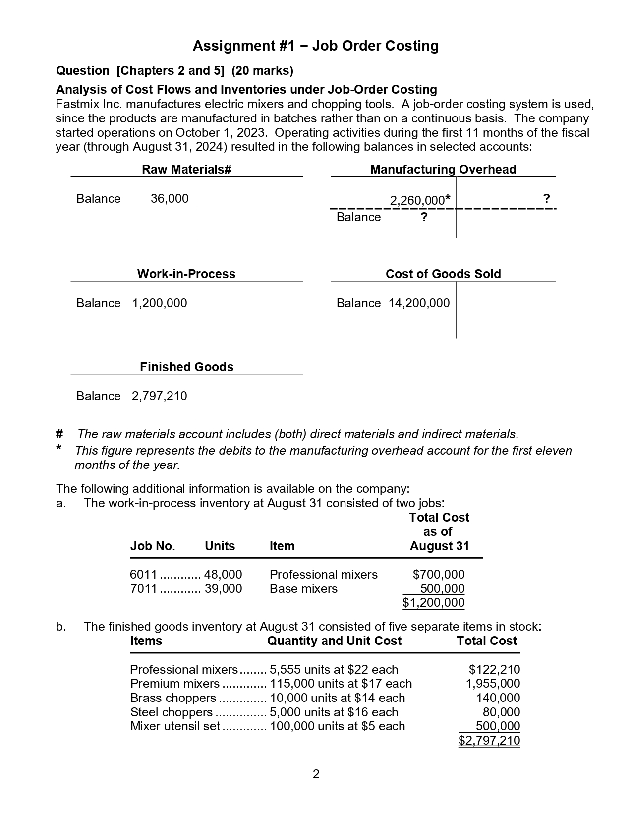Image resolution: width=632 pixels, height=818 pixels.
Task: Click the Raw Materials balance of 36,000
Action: click(169, 199)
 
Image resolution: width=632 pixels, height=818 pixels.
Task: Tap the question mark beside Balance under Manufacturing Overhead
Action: click(424, 217)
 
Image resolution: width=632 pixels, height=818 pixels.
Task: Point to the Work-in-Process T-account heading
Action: click(186, 274)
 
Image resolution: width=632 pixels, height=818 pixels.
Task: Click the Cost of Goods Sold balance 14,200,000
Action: click(419, 303)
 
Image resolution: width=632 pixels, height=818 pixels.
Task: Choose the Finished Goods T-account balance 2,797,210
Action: click(159, 396)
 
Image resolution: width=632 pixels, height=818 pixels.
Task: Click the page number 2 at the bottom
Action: click(316, 774)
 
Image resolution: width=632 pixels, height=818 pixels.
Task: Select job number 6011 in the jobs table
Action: click(143, 575)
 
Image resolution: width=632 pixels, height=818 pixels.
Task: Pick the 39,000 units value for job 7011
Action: click(223, 589)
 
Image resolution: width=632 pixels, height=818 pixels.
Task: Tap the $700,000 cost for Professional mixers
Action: click(439, 575)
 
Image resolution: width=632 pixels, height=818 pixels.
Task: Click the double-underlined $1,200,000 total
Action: click(434, 603)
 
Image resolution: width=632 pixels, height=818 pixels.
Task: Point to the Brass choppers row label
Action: click(173, 698)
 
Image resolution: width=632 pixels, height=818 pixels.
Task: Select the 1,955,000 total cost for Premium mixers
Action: click(493, 684)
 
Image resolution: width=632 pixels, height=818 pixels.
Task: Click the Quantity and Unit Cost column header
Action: click(334, 641)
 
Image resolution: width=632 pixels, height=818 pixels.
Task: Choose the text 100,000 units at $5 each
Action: click(337, 726)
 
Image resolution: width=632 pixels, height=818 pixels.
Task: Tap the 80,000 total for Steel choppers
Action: click(501, 712)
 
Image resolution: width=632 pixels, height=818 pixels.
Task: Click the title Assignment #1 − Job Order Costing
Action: click(316, 46)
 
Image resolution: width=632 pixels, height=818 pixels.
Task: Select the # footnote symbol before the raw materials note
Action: click(59, 434)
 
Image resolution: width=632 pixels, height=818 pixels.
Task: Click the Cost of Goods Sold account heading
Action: click(443, 274)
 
